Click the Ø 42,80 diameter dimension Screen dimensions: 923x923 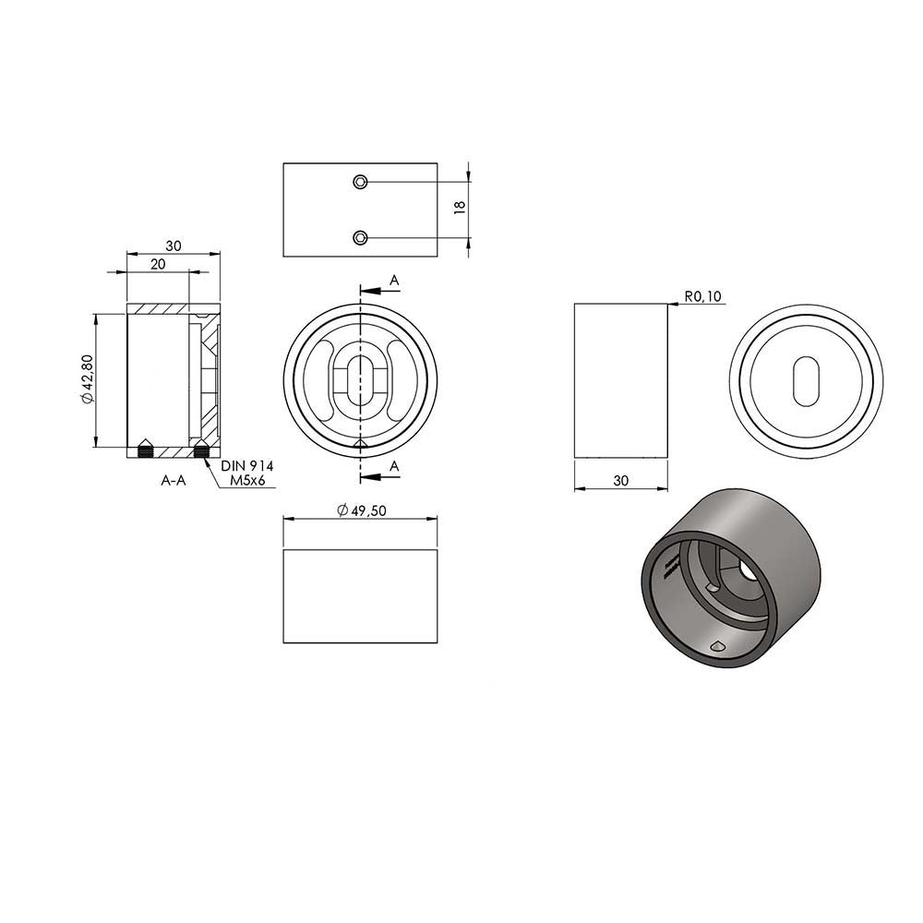(87, 379)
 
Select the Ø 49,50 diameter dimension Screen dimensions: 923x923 (362, 510)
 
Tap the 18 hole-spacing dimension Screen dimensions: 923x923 (460, 207)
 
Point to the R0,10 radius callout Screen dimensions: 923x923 (702, 295)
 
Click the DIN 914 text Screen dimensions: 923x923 (247, 466)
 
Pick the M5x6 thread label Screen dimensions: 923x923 (247, 480)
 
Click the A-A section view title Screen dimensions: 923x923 (174, 480)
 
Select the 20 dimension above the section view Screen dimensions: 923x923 (158, 264)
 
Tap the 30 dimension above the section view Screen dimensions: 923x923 (174, 246)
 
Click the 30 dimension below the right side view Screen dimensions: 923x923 (621, 481)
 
